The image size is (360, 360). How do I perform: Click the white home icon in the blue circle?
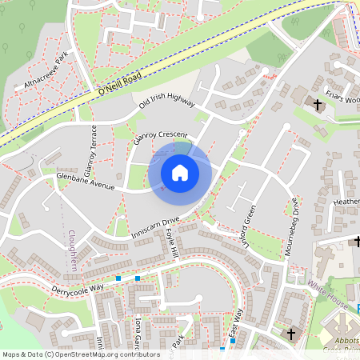(180, 172)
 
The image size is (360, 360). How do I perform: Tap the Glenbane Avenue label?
(86, 180)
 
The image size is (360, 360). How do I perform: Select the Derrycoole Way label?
(78, 287)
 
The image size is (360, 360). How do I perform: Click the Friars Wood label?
(342, 98)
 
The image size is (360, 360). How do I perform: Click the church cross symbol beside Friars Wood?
(318, 104)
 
